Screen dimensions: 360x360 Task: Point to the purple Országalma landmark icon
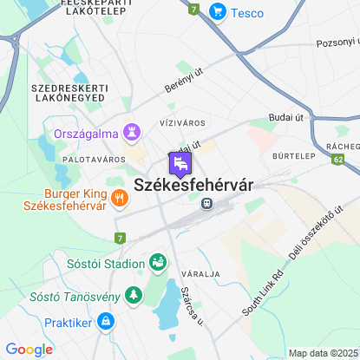(132, 132)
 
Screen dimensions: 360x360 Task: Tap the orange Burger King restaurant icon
(119, 198)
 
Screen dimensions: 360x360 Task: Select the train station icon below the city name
(206, 203)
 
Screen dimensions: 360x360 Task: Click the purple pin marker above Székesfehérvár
(179, 164)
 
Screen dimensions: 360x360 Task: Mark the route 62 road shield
(337, 160)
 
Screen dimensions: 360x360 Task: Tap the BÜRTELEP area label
(292, 158)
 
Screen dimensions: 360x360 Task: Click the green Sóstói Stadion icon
(158, 261)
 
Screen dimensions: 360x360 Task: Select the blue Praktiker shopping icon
(105, 322)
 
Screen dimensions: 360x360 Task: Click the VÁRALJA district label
(202, 274)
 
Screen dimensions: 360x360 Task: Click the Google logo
(29, 350)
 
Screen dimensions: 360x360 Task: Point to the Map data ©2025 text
(322, 353)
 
